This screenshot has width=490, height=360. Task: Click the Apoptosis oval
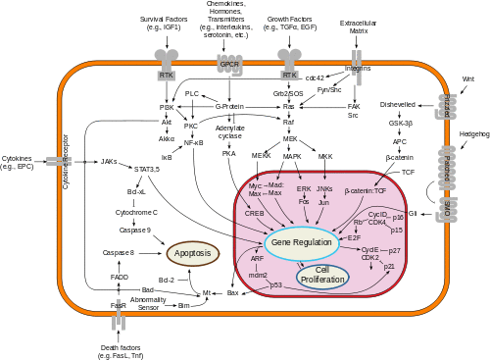tap(193, 253)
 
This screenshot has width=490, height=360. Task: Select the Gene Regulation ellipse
tap(301, 242)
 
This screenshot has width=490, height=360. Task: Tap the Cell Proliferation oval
tap(322, 276)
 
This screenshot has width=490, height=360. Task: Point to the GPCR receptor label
tap(229, 65)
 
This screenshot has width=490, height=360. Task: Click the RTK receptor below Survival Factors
tap(167, 75)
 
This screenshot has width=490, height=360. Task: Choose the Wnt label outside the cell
tap(467, 78)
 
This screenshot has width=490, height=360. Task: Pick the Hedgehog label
tap(473, 133)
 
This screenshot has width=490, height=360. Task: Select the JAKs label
tap(109, 161)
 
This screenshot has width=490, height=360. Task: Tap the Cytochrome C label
tap(135, 212)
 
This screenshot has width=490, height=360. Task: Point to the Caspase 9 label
tap(135, 230)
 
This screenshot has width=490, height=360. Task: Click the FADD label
tap(120, 278)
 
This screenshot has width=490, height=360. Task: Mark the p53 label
tap(275, 284)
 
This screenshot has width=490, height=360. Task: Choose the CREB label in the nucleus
tap(255, 212)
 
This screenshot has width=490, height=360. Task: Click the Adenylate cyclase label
tap(229, 132)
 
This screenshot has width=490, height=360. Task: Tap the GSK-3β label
tap(400, 123)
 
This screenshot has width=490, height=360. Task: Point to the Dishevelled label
tap(398, 104)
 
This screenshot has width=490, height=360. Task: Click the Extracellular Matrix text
tap(358, 26)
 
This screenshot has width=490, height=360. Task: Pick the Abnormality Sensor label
tap(147, 304)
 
